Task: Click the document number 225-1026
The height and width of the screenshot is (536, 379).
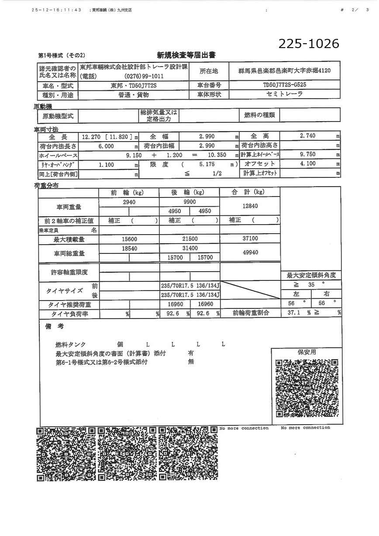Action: click(309, 44)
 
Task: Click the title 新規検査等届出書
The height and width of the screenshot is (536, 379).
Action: click(186, 55)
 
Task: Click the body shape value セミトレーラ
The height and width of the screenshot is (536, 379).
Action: click(284, 94)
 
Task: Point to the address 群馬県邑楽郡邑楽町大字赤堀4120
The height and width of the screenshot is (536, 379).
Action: click(285, 70)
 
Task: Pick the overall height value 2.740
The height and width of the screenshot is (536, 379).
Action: click(307, 136)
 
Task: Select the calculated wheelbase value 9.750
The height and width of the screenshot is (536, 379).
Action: click(307, 155)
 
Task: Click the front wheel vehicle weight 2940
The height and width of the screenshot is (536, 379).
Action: click(130, 202)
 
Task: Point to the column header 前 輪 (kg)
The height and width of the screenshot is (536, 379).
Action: click(130, 193)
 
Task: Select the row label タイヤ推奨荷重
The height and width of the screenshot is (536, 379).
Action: click(69, 304)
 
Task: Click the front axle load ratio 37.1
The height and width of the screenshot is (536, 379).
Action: click(294, 313)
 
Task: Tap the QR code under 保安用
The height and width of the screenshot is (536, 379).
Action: click(307, 388)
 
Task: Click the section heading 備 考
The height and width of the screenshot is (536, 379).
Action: click(55, 327)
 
